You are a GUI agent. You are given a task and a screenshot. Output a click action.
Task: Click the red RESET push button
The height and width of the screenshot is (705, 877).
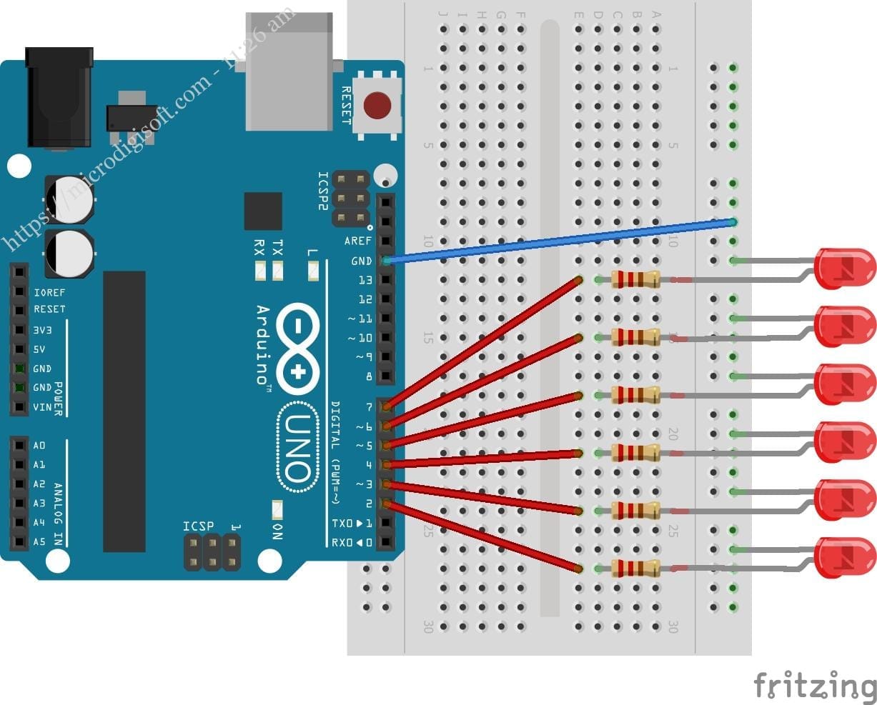pos(377,106)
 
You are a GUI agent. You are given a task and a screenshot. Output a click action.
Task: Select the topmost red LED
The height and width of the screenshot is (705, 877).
pos(845,269)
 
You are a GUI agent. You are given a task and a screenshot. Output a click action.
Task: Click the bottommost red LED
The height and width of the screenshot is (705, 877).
pos(845,557)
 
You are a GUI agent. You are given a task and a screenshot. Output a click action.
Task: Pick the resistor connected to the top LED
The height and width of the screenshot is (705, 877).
pos(635,279)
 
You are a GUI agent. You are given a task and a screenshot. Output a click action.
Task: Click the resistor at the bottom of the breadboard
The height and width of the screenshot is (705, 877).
pos(635,569)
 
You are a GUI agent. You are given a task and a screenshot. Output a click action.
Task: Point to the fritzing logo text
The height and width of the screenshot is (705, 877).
pos(815,685)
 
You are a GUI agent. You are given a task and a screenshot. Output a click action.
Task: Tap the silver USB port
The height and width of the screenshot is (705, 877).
pos(289,71)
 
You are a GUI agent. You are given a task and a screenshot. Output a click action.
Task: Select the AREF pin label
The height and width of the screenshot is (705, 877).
pos(358,241)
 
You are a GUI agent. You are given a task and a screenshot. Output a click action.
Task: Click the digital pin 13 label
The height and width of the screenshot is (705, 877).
pos(365,280)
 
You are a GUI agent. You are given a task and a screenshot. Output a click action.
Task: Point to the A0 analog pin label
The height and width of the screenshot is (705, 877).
pos(39,446)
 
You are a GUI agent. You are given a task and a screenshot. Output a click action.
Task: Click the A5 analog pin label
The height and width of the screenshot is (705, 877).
pos(39,542)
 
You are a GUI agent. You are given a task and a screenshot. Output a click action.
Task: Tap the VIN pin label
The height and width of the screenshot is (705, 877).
pos(42,407)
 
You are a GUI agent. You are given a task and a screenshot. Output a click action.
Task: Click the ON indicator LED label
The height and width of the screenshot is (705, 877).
pos(278,531)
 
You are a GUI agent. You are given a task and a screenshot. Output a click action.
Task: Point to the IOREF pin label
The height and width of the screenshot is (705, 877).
pos(49,292)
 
